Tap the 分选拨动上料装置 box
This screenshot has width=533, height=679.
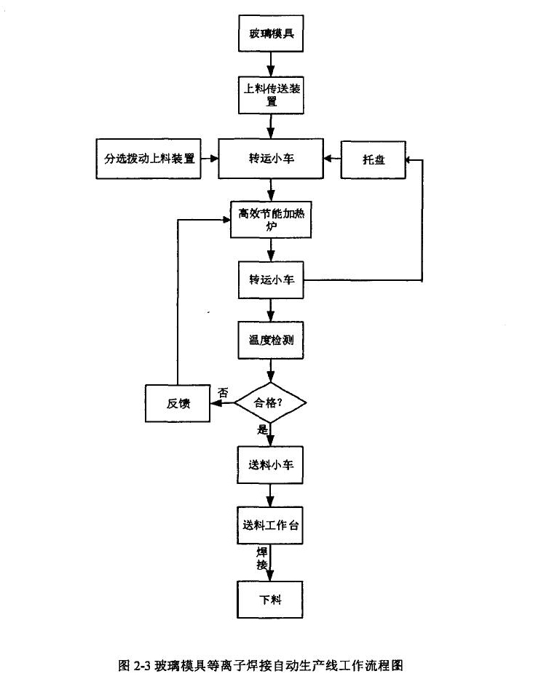pos(149,158)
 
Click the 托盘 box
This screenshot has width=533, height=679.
pos(374,158)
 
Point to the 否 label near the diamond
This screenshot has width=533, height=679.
pos(223,392)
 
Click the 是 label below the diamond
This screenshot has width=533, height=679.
pos(262,430)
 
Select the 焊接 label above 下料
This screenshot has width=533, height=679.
pos(261,559)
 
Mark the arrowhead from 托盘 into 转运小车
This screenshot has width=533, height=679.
pos(328,158)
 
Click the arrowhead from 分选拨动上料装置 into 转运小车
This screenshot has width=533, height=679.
pos(214,158)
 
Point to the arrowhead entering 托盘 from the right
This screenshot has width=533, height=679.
pos(411,158)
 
